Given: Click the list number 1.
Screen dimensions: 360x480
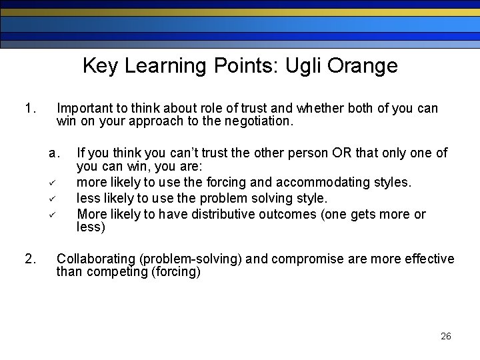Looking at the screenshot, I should click(x=29, y=108).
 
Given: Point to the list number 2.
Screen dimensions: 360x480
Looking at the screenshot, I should click(x=29, y=259).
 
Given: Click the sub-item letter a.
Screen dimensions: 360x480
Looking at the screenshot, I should click(x=55, y=153).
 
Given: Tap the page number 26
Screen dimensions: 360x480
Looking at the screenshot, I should click(x=446, y=336).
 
